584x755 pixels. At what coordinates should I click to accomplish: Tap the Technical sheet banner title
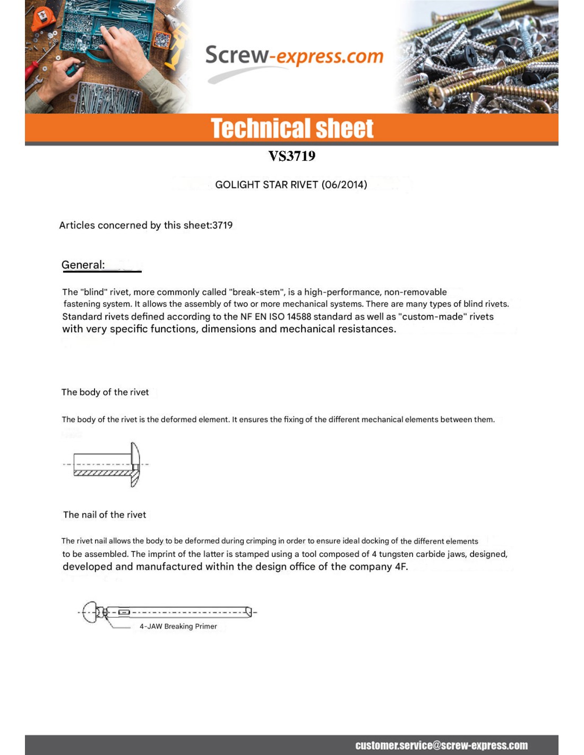(x=292, y=128)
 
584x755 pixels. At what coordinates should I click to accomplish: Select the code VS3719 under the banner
(x=291, y=156)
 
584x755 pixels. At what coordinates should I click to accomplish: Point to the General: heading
(x=83, y=265)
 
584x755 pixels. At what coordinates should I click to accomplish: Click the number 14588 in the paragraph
(x=298, y=317)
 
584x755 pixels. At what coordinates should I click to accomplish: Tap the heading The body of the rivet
(x=105, y=392)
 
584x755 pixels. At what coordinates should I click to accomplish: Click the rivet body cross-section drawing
(x=106, y=465)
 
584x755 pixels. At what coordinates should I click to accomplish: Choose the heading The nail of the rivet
(x=105, y=514)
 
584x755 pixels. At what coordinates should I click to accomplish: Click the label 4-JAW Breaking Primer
(x=178, y=627)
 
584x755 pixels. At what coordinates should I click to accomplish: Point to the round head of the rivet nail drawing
(x=91, y=613)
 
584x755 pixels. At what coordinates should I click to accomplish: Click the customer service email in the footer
(x=441, y=745)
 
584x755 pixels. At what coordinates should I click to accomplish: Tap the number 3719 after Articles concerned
(x=222, y=225)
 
